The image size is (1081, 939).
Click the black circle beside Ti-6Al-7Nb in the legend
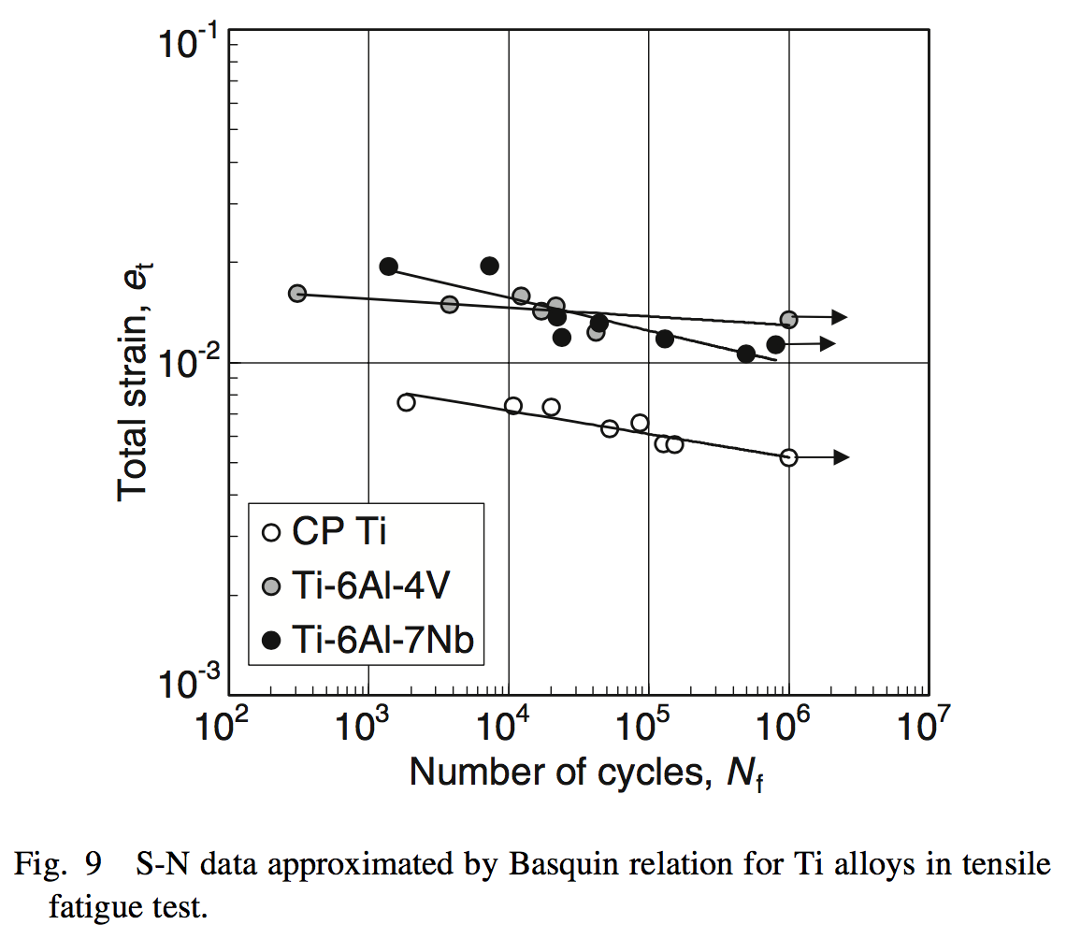[271, 640]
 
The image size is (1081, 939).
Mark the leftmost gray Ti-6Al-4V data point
[297, 294]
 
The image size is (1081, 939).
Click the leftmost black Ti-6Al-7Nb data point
[389, 267]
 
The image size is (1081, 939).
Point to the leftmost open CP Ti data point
[406, 402]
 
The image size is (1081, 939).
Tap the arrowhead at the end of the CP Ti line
[841, 457]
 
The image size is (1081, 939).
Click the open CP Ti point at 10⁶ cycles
[789, 457]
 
